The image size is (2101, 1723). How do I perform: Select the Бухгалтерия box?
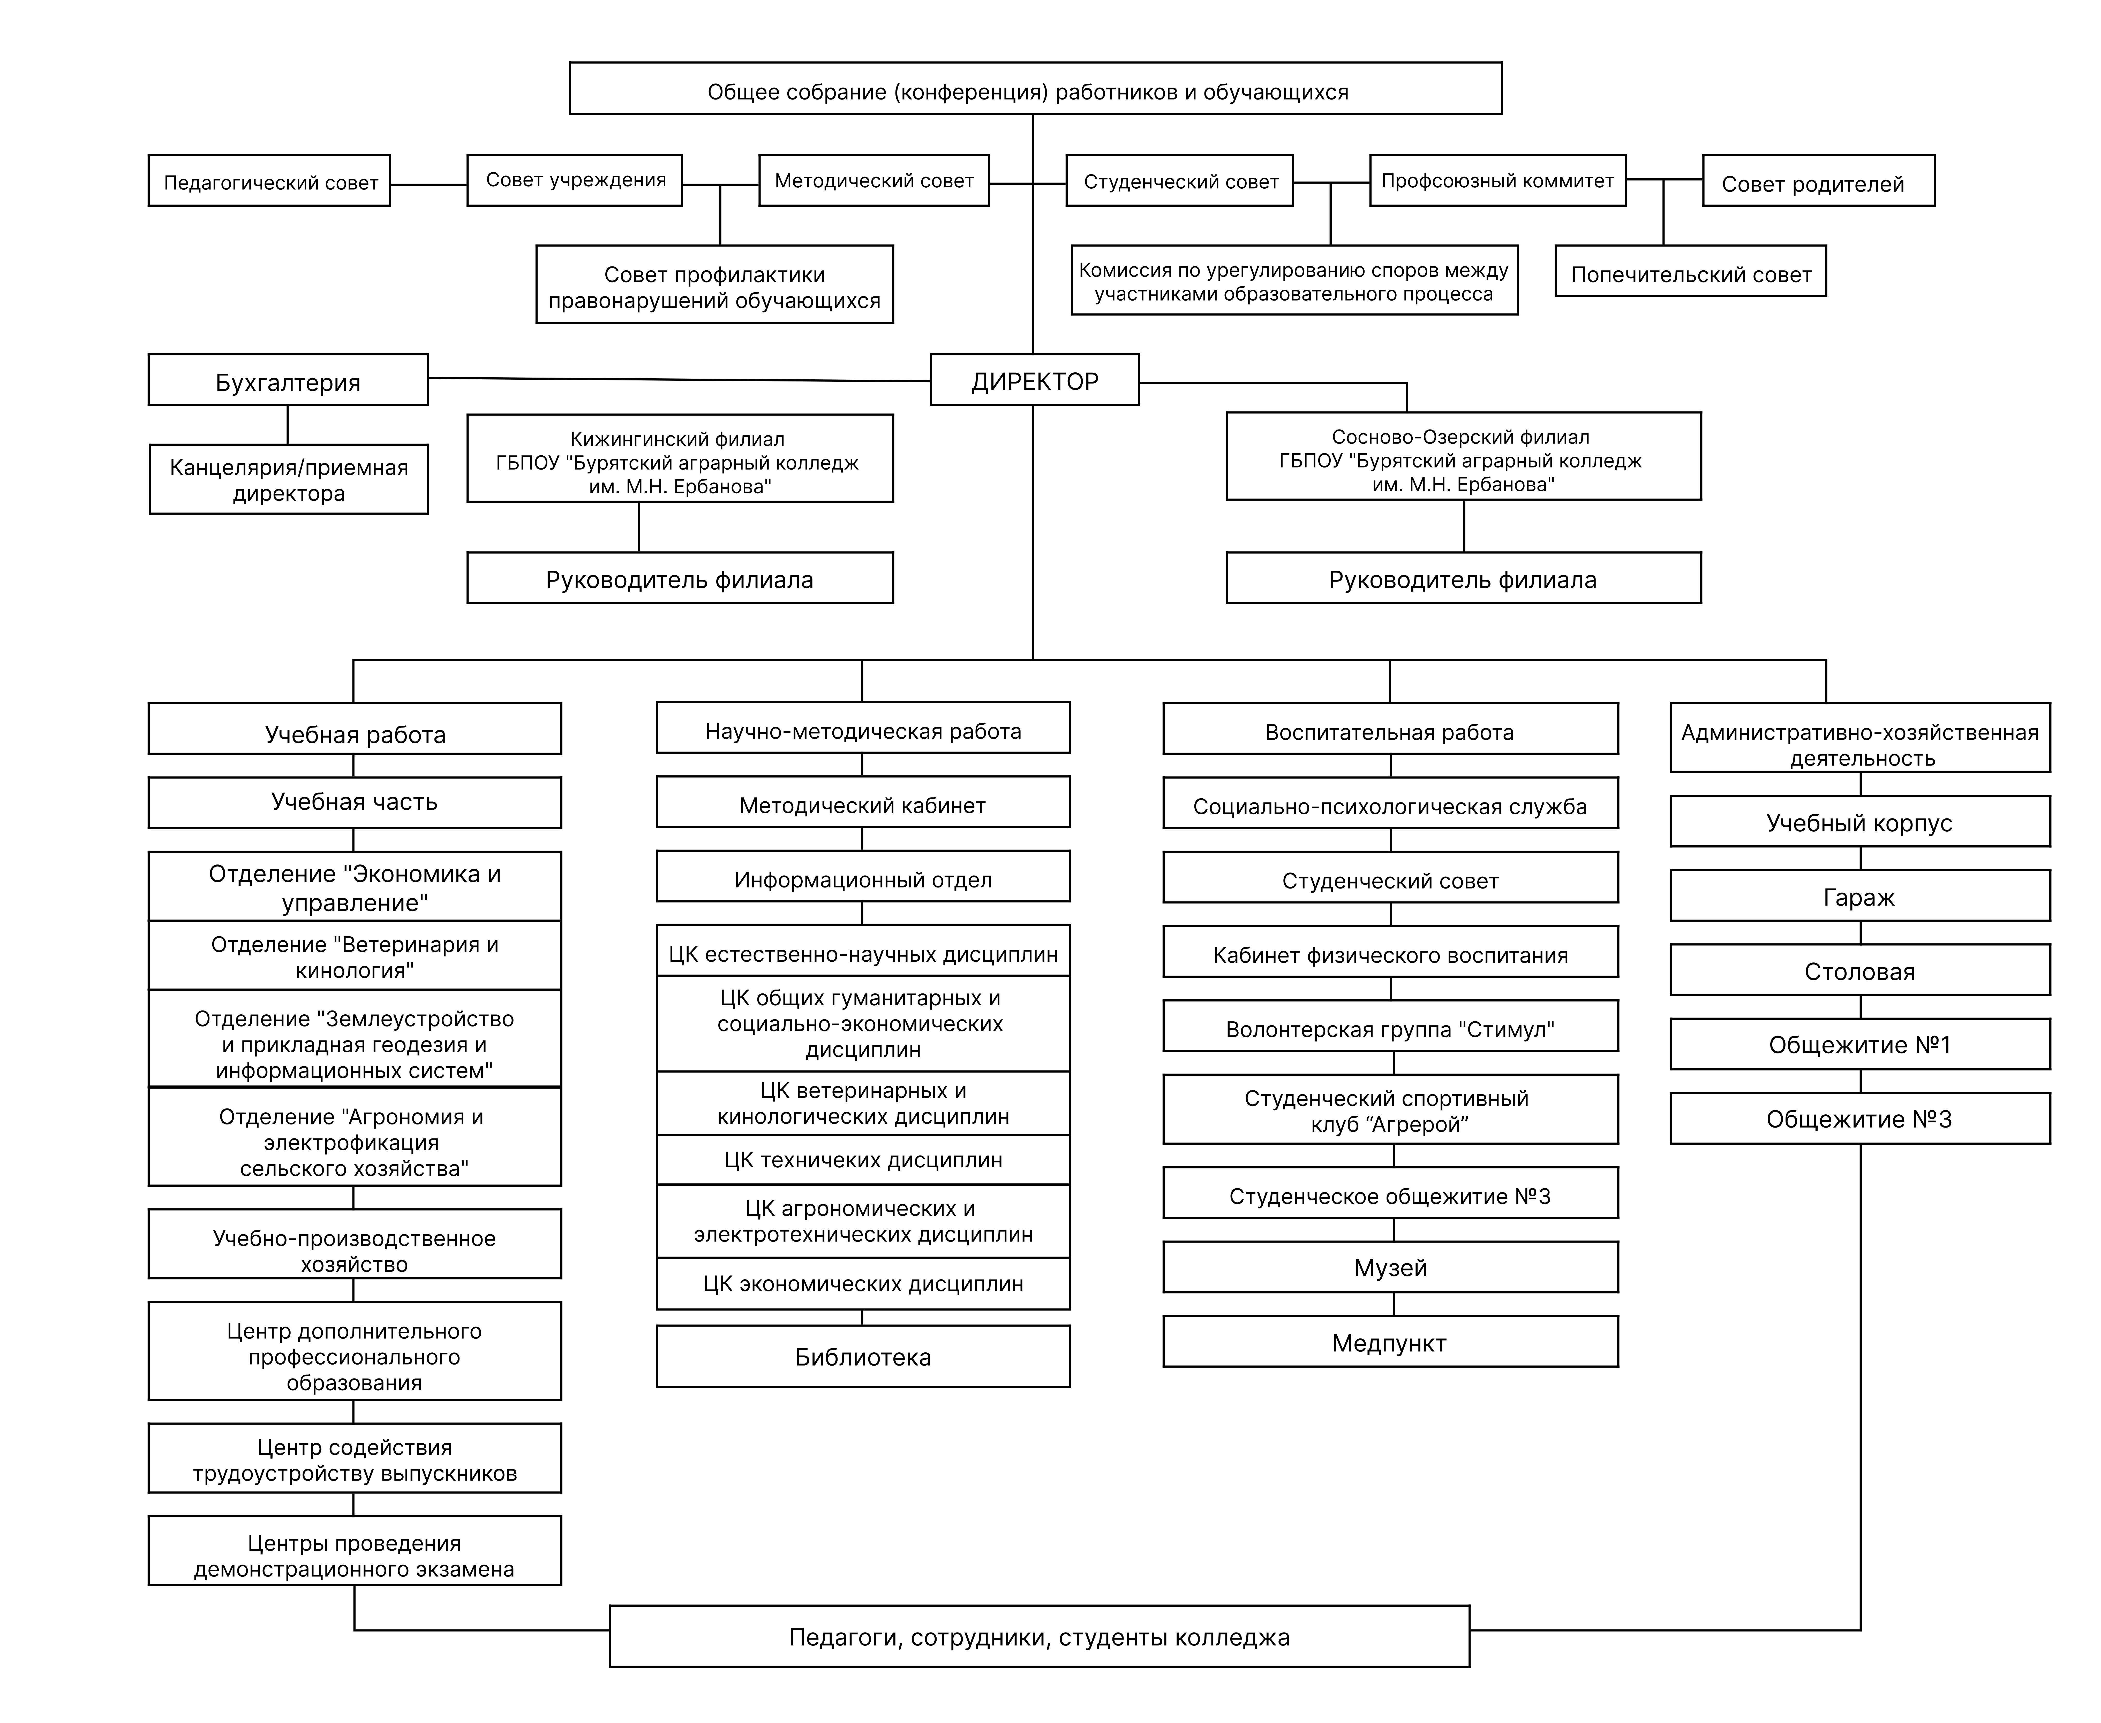point(288,380)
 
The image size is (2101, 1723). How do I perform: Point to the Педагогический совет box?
point(269,181)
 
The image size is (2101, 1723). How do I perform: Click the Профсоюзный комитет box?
point(1497,181)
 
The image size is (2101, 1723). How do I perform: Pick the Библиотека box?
point(863,1356)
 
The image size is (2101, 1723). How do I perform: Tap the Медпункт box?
point(1390,1342)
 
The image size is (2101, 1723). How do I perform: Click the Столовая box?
point(1860,970)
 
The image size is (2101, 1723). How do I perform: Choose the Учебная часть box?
point(355,802)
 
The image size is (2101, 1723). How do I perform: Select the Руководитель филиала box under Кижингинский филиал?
point(680,578)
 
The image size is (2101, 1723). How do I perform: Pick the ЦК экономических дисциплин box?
point(863,1283)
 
